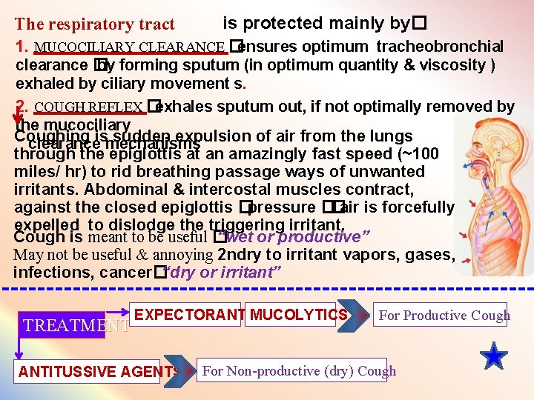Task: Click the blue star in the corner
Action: pos(493,357)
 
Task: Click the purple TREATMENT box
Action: pos(73,324)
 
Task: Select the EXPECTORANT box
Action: pos(190,315)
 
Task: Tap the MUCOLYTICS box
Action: pos(292,315)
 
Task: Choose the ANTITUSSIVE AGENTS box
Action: pos(97,371)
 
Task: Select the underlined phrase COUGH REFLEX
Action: pos(88,107)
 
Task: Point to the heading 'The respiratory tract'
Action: pos(95,25)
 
